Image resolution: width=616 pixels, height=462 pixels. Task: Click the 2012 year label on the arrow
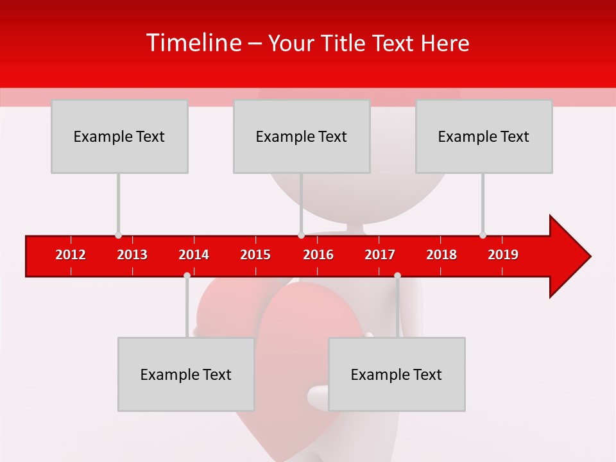click(71, 255)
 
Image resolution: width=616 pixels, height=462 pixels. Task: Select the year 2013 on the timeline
click(132, 255)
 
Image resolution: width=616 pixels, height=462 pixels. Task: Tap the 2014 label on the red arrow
click(194, 255)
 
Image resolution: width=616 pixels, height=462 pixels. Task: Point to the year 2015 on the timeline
click(255, 255)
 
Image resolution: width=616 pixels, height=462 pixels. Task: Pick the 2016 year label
click(318, 255)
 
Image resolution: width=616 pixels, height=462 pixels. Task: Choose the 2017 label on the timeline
click(380, 255)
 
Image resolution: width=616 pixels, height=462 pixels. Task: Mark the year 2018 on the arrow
click(441, 255)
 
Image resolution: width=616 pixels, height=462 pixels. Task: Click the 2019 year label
click(503, 255)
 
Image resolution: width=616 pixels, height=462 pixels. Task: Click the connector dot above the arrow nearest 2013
click(118, 235)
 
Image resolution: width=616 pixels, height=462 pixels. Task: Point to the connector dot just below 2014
click(187, 275)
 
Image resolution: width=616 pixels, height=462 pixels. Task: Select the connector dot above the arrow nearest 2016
click(301, 235)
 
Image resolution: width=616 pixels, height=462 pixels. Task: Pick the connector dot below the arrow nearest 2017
click(397, 275)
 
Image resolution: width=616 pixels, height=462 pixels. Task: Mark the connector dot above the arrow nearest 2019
click(483, 235)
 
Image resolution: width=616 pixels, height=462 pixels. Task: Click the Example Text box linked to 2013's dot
click(119, 136)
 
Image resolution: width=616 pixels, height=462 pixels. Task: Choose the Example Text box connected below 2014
click(186, 374)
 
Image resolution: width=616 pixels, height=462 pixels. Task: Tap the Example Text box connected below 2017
click(397, 374)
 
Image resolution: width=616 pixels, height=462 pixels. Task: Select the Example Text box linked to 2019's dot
click(484, 136)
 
